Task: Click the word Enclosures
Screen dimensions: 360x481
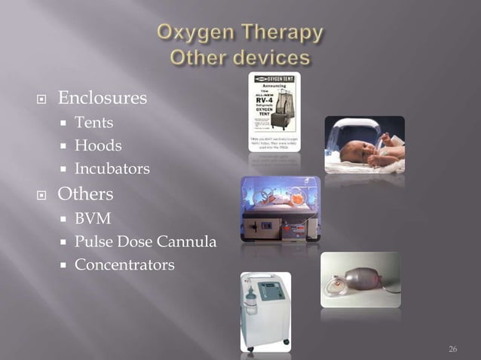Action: [103, 98]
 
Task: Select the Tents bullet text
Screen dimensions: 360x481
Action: [93, 122]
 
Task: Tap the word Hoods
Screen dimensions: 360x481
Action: [97, 145]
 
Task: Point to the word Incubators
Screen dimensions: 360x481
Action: [112, 168]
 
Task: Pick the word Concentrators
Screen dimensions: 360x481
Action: [124, 265]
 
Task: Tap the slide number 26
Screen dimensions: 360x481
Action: [452, 349]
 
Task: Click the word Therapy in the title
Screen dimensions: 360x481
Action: [286, 33]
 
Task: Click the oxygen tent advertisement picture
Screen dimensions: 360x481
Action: [273, 111]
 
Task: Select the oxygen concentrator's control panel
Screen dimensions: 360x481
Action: [271, 289]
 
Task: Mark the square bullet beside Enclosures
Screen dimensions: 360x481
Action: [44, 99]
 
